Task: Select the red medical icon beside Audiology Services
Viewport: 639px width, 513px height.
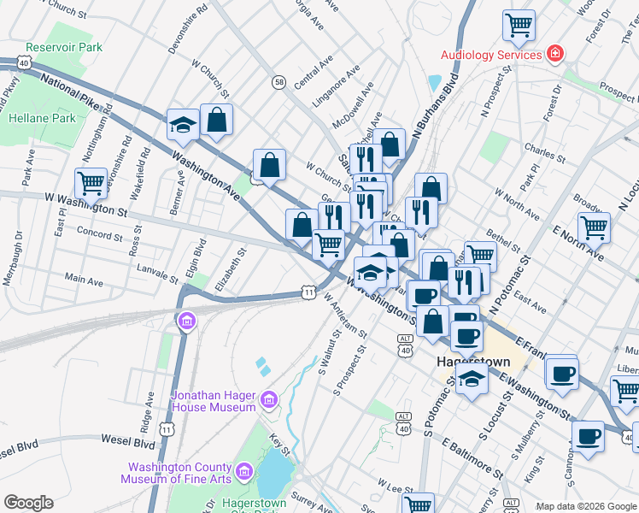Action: [555, 54]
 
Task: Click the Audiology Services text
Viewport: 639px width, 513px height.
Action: [491, 55]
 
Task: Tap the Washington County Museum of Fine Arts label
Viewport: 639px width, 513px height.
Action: [179, 473]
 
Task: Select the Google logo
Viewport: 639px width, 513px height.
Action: [28, 503]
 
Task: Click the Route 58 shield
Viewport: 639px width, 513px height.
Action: [279, 81]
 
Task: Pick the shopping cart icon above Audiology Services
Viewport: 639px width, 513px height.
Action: [519, 27]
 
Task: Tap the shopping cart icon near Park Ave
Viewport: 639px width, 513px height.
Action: [91, 183]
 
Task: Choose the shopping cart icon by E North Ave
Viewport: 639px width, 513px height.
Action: [594, 227]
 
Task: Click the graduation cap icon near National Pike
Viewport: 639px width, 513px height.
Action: [183, 126]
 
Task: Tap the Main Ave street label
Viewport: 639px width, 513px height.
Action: [84, 280]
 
